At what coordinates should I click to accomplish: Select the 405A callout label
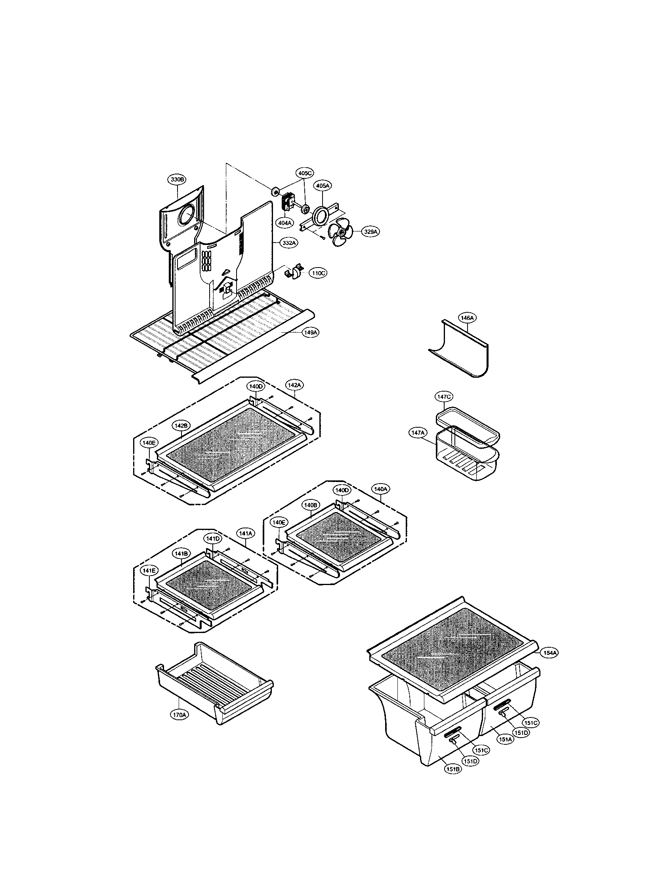click(x=323, y=185)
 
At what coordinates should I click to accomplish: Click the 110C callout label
click(x=318, y=274)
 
